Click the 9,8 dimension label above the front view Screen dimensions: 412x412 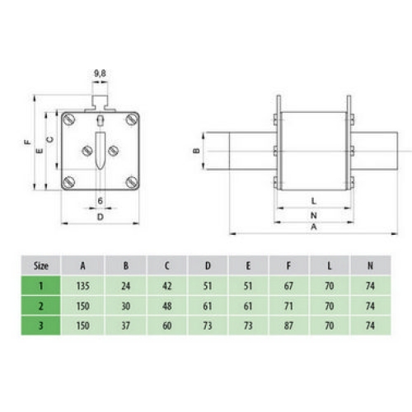click(x=100, y=74)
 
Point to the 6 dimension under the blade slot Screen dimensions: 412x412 click(x=100, y=201)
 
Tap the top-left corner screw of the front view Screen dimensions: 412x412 click(x=69, y=120)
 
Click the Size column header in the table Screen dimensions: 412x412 click(x=40, y=265)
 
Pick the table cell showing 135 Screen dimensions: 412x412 click(x=83, y=287)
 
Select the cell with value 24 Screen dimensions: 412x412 click(x=124, y=287)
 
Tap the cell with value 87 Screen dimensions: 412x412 click(x=288, y=325)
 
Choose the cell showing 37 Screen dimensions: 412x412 click(x=124, y=325)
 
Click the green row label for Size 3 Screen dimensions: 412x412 click(x=40, y=325)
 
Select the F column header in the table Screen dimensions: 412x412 click(x=288, y=265)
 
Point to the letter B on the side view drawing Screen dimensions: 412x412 click(x=195, y=151)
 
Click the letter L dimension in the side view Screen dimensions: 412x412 click(x=313, y=201)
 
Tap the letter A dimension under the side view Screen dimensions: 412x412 click(x=313, y=227)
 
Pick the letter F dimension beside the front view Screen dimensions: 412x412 click(x=27, y=142)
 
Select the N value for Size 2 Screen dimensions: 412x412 click(x=370, y=306)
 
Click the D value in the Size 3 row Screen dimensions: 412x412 click(x=207, y=325)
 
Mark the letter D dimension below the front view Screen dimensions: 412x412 click(x=100, y=217)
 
